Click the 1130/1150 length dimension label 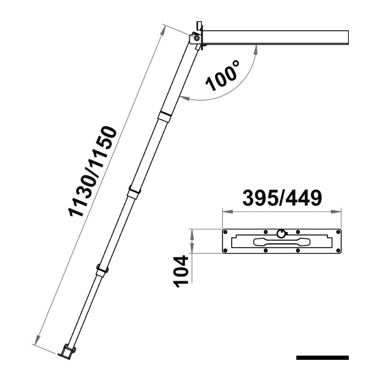[x=93, y=171]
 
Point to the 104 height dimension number [x=181, y=271]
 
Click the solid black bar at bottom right [x=323, y=357]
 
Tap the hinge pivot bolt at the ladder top [x=196, y=38]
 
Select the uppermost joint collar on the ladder [x=165, y=116]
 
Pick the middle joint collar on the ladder [x=134, y=191]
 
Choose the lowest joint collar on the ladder [x=102, y=270]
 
